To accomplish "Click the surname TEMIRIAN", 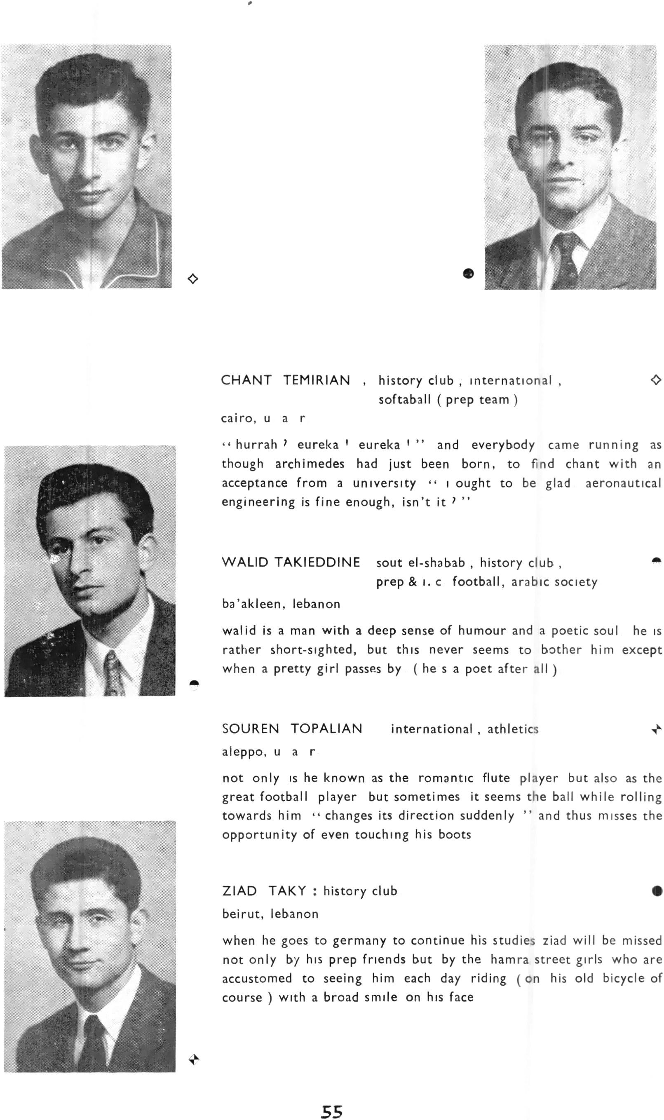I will [317, 380].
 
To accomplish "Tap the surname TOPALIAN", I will [326, 729].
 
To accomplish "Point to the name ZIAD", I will [239, 890].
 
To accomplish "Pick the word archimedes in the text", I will [310, 464].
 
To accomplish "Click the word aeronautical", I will [623, 483].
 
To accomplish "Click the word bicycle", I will [623, 978].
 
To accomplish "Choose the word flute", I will [496, 778].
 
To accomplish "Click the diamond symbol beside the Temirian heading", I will [655, 380].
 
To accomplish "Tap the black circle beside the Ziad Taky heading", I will [657, 891].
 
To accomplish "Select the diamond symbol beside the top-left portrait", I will [192, 279].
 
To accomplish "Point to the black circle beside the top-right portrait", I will [468, 273].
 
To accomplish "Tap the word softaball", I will [404, 399].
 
